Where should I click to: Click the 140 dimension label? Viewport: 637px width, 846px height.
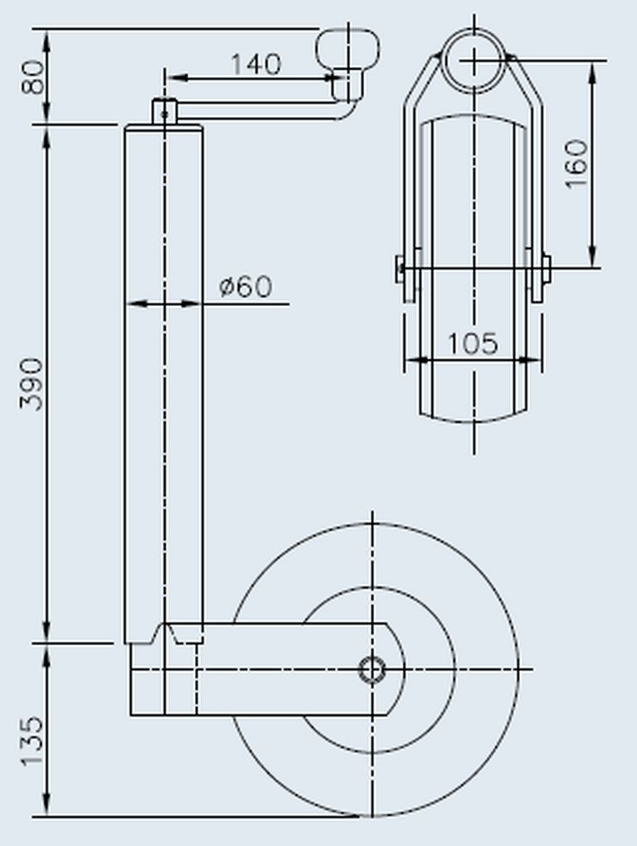(x=256, y=64)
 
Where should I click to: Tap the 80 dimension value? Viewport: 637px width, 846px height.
(x=33, y=77)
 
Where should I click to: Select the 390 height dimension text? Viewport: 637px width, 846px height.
(x=32, y=384)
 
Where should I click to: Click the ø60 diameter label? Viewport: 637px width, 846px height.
(x=246, y=286)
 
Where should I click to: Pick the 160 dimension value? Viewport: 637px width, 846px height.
(x=576, y=164)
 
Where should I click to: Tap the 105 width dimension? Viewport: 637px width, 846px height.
(x=473, y=343)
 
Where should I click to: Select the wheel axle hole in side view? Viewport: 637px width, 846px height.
(x=372, y=669)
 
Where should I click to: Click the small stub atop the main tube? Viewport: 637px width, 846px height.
(x=164, y=112)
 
